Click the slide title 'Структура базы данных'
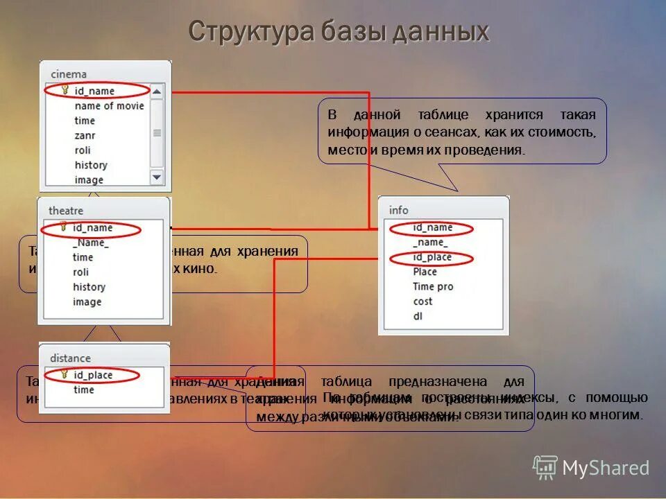click(339, 32)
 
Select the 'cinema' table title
click(69, 74)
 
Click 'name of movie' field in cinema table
click(109, 105)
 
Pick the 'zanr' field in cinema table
click(85, 135)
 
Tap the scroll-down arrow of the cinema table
click(157, 177)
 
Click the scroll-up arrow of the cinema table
click(157, 91)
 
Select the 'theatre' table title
click(66, 210)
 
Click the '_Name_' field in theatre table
click(90, 243)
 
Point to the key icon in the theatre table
click(63, 227)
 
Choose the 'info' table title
click(399, 210)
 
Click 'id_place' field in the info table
click(432, 257)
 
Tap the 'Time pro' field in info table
click(433, 286)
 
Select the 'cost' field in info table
click(422, 301)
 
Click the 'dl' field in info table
click(418, 316)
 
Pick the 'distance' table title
click(70, 358)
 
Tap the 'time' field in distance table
click(83, 389)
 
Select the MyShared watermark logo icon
click(545, 466)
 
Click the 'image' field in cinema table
click(89, 180)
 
